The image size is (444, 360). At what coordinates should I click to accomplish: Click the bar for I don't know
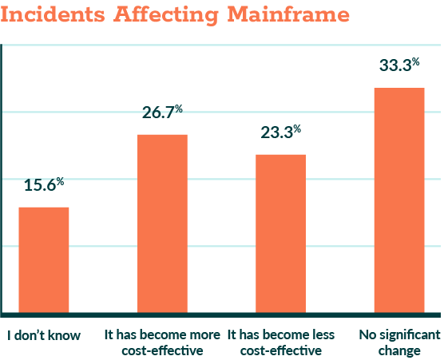pos(44,259)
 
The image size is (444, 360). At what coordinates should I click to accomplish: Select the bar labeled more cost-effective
pos(162,224)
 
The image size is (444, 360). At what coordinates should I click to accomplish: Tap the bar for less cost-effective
pos(280,233)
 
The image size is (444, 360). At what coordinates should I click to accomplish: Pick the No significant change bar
pos(399,200)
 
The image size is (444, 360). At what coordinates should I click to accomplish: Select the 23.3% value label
pos(280,132)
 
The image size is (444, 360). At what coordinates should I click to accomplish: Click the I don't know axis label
pos(44,335)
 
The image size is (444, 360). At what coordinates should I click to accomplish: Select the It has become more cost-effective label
pos(162,342)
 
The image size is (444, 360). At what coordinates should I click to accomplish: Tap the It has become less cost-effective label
pos(280,342)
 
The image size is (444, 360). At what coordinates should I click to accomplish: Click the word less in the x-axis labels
pos(322,335)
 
